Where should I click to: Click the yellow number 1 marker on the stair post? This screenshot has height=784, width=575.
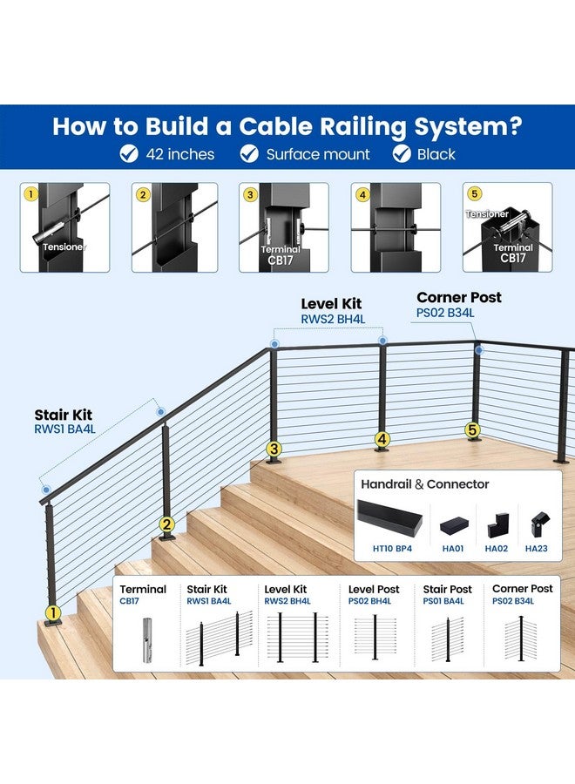click(x=53, y=612)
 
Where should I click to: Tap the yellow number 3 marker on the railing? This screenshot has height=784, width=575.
click(x=274, y=449)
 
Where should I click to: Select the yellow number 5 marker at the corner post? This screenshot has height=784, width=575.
click(x=472, y=429)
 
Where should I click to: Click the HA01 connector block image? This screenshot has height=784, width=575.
click(x=454, y=526)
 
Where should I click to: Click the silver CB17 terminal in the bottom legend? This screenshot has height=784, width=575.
click(x=147, y=640)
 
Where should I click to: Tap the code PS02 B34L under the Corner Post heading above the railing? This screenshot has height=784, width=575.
click(x=445, y=313)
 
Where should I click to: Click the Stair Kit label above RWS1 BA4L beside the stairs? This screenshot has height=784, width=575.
click(x=63, y=415)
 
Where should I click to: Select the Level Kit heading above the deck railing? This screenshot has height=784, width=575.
click(x=331, y=303)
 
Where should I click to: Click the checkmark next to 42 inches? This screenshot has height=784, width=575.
click(x=129, y=153)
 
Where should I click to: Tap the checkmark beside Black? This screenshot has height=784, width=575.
click(x=402, y=153)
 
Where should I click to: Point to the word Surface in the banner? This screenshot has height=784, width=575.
click(x=290, y=154)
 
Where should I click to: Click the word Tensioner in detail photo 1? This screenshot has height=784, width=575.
click(x=64, y=247)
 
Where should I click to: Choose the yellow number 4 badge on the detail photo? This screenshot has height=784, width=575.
click(x=362, y=194)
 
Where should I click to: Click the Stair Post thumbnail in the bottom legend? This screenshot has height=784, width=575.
click(x=448, y=639)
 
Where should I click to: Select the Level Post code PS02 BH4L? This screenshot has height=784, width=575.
click(x=369, y=601)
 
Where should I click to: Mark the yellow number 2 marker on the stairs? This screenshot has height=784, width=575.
click(x=166, y=524)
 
